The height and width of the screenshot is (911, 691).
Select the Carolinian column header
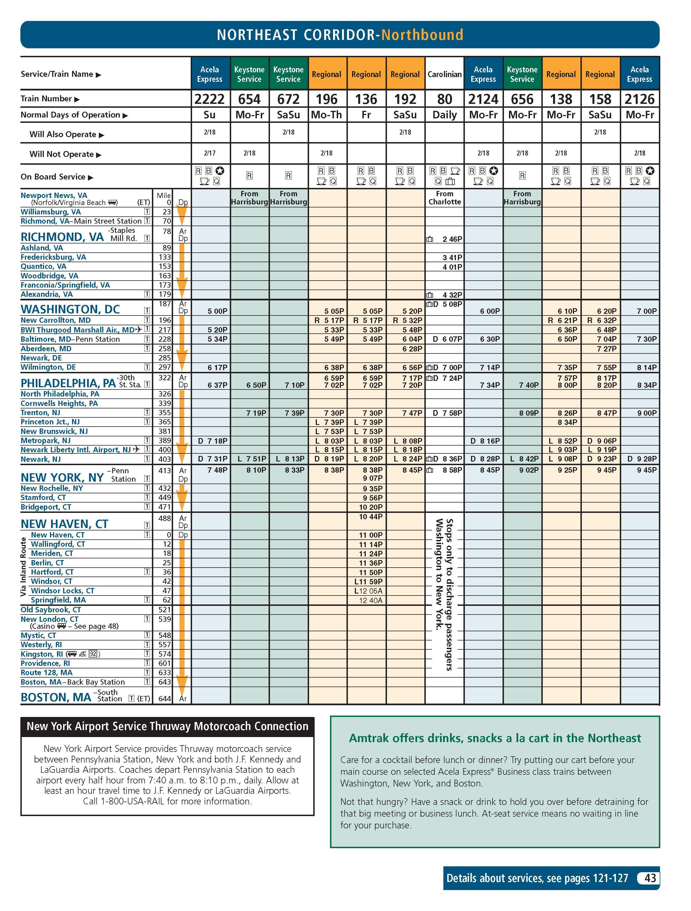tap(444, 75)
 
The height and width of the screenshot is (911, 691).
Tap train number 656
tap(522, 99)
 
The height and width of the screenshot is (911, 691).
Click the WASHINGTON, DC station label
tap(70, 309)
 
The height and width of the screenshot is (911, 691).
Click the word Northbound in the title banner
tap(422, 35)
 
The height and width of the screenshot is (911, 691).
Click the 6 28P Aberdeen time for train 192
tap(412, 349)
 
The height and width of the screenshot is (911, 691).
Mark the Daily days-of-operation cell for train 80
tap(444, 115)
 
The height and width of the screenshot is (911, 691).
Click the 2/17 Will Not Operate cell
tap(210, 153)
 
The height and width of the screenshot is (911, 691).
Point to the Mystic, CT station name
tap(38, 635)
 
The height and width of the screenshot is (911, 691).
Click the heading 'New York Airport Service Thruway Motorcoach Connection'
tap(167, 726)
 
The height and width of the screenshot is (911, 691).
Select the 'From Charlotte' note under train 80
tap(444, 198)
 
